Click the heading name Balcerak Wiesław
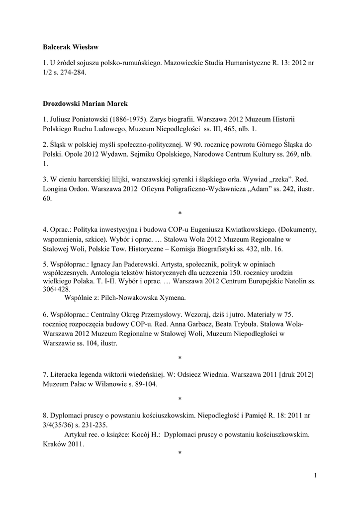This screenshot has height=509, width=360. coord(71,47)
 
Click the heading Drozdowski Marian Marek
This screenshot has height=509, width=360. coord(85,103)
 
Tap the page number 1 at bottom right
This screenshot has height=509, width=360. coord(315,476)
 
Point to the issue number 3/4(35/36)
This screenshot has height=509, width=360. coord(61,424)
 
